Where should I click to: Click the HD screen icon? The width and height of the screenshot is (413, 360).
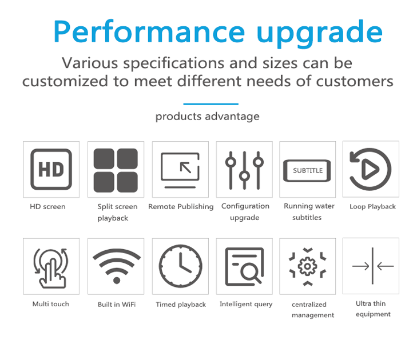tap(51, 170)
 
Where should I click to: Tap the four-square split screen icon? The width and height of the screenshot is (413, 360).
tap(116, 170)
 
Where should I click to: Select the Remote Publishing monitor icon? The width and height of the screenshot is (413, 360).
tap(180, 170)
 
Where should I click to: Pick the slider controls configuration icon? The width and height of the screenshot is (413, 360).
tap(244, 170)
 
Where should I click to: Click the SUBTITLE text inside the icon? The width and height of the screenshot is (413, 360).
tap(308, 170)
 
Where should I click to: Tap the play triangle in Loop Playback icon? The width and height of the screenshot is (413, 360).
tap(370, 169)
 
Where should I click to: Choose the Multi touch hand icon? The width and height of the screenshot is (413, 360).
tap(51, 268)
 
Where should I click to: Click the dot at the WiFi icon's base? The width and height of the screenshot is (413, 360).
tap(117, 280)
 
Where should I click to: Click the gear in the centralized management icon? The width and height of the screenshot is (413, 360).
tap(307, 266)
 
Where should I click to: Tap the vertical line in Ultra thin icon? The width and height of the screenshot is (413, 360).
tap(372, 266)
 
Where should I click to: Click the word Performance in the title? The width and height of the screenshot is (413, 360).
tap(149, 32)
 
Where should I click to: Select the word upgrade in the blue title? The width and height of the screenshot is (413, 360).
tap(320, 33)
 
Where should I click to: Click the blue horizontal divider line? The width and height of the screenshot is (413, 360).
tap(211, 104)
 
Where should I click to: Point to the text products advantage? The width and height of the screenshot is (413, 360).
tap(207, 117)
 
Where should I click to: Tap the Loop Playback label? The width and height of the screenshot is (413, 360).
tap(372, 207)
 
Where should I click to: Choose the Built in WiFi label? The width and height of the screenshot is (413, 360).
tap(117, 305)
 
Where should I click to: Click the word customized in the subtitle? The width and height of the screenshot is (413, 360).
tap(65, 81)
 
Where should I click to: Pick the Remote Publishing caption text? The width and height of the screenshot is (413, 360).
tap(181, 207)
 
